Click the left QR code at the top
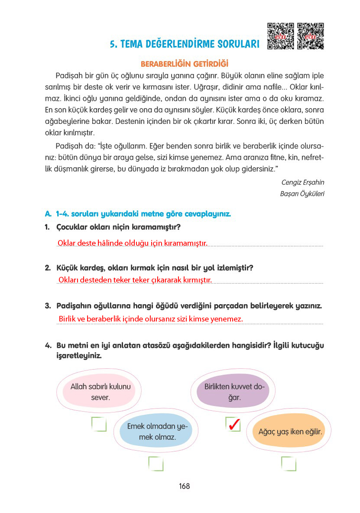point(280,36)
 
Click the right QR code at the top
point(311,36)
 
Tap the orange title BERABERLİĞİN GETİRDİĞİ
point(185,64)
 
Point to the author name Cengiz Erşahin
point(303,182)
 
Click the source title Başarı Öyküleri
point(302,194)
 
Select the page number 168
point(184,486)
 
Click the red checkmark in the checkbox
point(234,425)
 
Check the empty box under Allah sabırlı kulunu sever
point(99,424)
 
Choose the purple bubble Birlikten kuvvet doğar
point(234,391)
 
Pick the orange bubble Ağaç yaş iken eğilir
point(289,432)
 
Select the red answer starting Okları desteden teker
point(135,280)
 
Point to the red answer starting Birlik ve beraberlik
point(151,319)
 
